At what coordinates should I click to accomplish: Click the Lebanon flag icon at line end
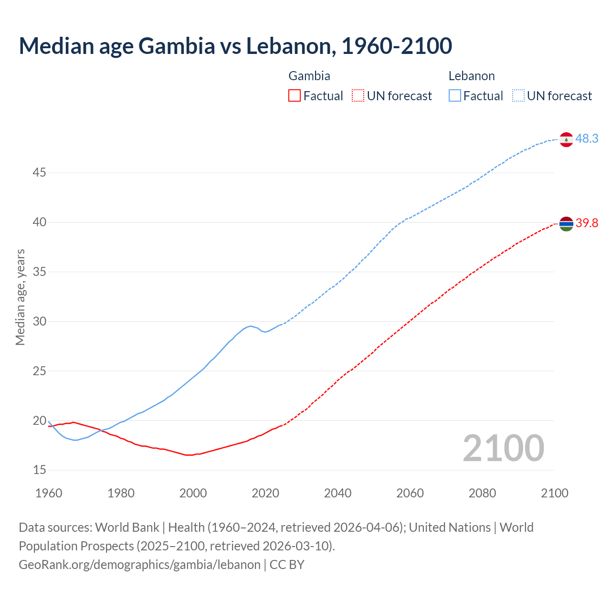(x=566, y=139)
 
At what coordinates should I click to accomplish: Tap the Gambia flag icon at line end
(x=566, y=223)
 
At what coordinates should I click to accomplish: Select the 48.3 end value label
(x=587, y=138)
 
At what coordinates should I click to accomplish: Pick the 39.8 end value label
(x=587, y=223)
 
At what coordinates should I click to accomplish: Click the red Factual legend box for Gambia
(x=295, y=96)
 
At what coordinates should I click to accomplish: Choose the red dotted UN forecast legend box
(x=358, y=96)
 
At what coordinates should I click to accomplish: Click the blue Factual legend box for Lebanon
(x=455, y=96)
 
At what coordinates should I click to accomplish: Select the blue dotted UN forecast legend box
(x=518, y=96)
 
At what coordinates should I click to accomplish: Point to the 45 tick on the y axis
(x=39, y=172)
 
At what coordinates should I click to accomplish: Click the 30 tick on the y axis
(x=39, y=321)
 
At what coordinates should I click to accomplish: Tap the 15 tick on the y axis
(x=39, y=470)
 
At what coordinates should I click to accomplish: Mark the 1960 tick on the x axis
(x=49, y=493)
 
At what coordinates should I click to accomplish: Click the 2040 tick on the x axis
(x=337, y=493)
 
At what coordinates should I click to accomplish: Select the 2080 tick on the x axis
(x=482, y=493)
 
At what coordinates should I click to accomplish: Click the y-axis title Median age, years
(x=20, y=297)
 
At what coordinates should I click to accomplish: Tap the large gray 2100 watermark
(x=503, y=448)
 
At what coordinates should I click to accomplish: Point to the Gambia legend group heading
(x=309, y=76)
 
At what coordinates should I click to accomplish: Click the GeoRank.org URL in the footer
(x=139, y=565)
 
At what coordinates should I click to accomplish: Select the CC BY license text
(x=287, y=565)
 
